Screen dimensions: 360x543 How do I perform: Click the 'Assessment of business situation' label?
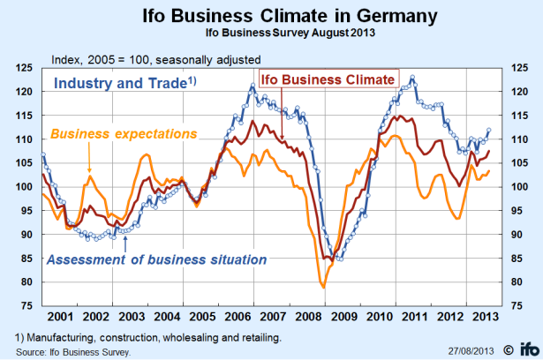tap(155, 259)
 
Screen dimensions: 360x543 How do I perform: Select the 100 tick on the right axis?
tap(517, 187)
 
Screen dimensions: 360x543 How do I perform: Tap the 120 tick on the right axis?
tap(517, 92)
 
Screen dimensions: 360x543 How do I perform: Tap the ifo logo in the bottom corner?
tap(527, 347)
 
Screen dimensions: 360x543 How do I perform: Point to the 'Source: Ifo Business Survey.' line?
tap(74, 350)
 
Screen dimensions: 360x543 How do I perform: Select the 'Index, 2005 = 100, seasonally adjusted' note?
tap(155, 59)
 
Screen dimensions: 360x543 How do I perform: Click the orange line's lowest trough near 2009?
tap(323, 287)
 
